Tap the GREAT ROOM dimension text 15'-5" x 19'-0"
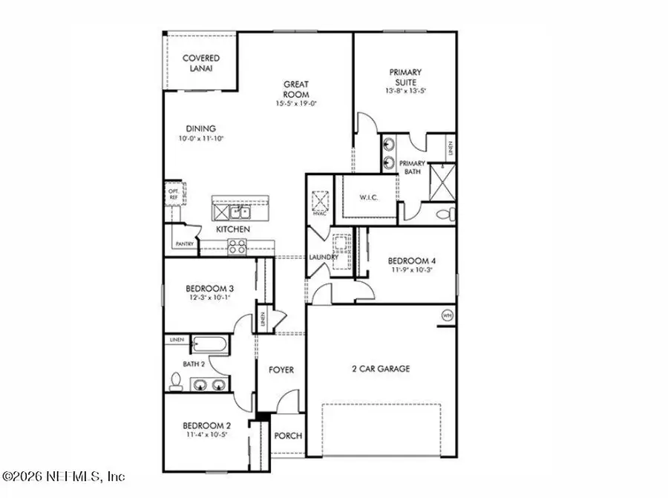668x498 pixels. pos(296,104)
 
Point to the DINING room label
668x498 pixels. pos(180,128)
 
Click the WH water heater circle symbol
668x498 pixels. pos(447,315)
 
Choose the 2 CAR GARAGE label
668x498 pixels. pos(381,369)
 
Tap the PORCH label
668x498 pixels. pos(289,436)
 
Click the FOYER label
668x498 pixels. pos(281,370)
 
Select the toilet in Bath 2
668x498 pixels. pos(175,381)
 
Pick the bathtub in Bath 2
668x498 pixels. pos(209,344)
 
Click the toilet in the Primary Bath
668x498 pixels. pos(444,214)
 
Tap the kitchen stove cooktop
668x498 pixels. pos(238,248)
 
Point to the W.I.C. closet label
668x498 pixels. pos(369,197)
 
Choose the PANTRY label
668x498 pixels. pos(183,244)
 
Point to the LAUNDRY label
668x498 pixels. pos(324,258)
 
